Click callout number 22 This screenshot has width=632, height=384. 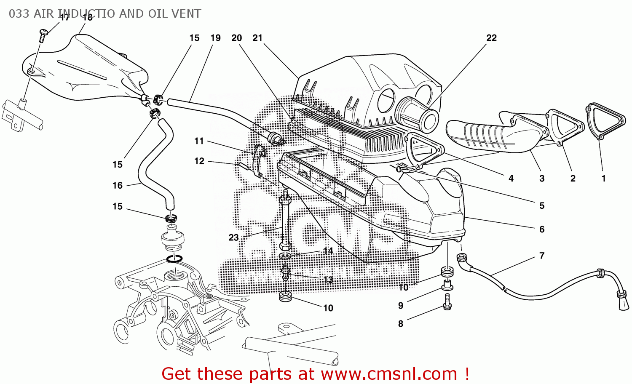point(491,38)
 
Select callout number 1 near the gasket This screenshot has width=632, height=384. point(603,179)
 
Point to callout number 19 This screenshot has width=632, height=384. point(215,38)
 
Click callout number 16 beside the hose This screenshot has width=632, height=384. point(118,185)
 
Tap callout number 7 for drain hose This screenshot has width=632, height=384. point(542,256)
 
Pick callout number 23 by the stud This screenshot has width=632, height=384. point(233,237)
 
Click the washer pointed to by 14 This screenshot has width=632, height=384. point(285,256)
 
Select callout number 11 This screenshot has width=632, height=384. point(199,141)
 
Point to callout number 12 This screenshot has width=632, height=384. point(199,161)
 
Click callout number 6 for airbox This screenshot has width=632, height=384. point(542,229)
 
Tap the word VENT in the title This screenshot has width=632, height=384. point(186,14)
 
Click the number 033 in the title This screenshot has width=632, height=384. point(19,14)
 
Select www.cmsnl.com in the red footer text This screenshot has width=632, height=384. point(389,373)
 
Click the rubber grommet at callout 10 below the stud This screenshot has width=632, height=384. point(286,297)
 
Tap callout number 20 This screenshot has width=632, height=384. point(236,38)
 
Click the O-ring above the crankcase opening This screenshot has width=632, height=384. point(174,258)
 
